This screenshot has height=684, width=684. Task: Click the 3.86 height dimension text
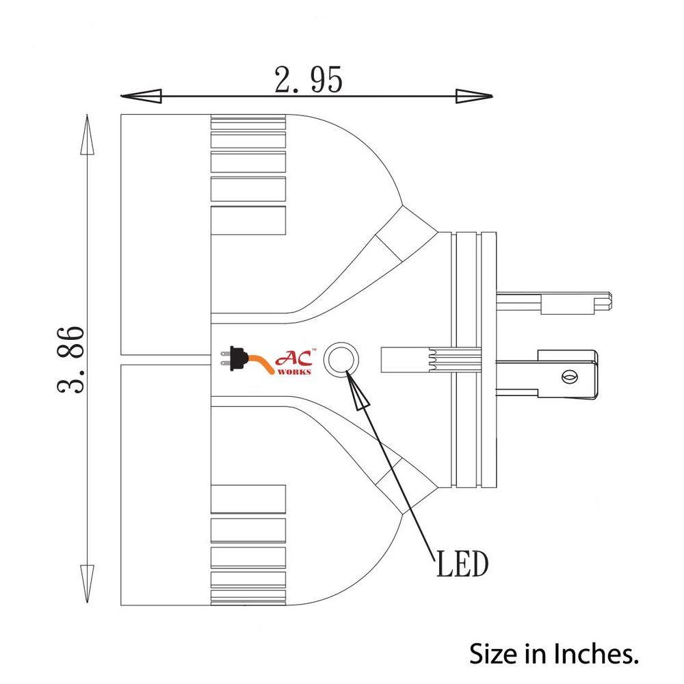tap(72, 358)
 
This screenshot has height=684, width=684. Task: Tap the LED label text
tap(461, 565)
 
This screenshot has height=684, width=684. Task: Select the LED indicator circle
tap(340, 359)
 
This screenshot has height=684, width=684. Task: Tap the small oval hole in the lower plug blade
tap(567, 376)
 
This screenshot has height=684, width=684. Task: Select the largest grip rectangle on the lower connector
tap(248, 499)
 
